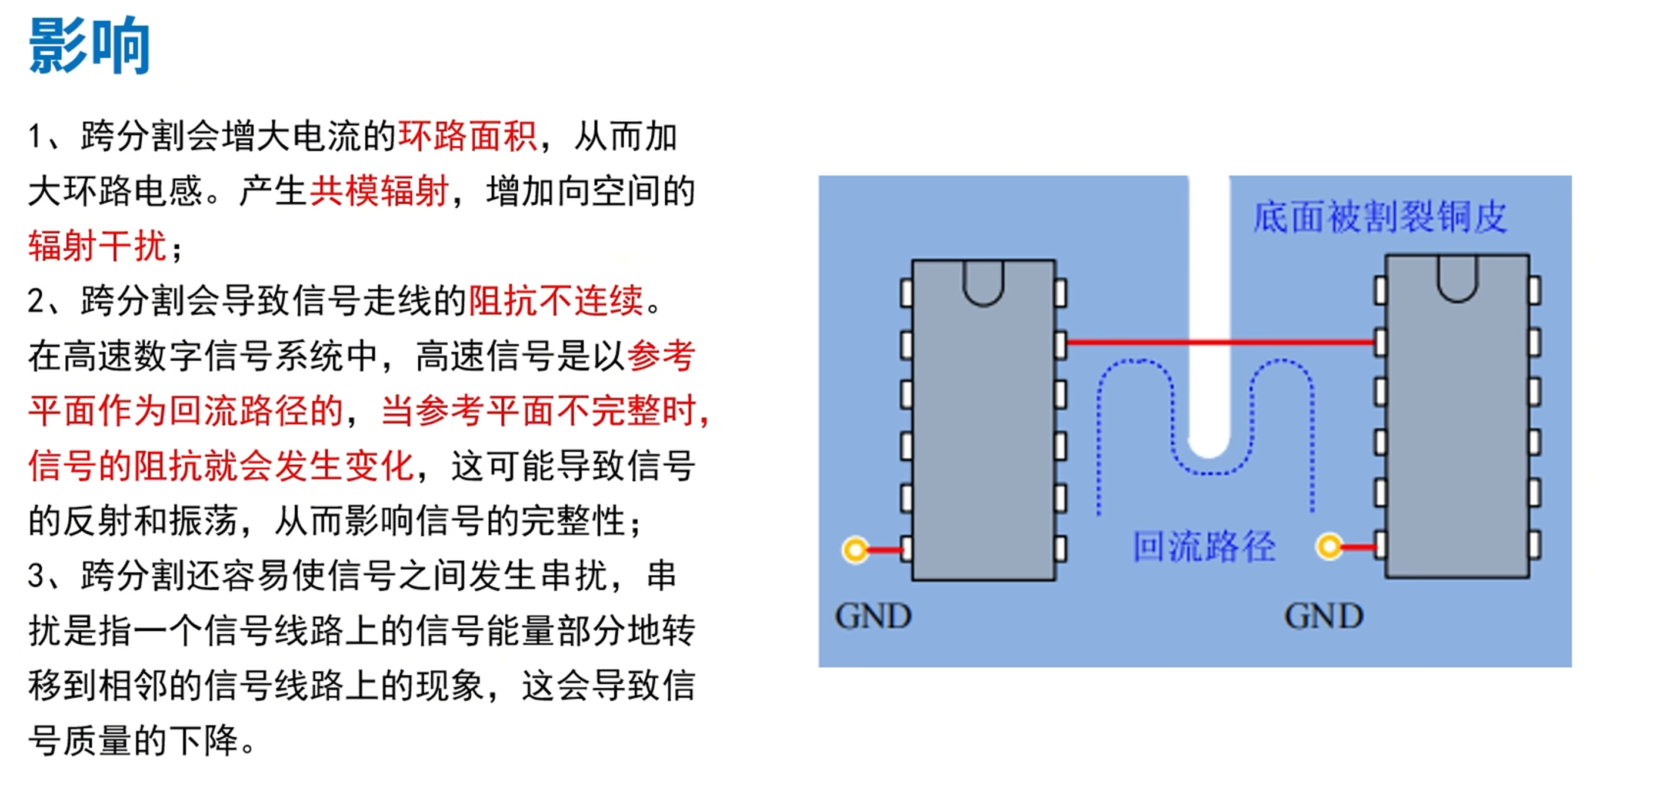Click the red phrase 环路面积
(467, 137)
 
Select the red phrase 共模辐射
(379, 191)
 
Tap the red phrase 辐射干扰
(97, 245)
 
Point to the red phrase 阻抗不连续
(555, 300)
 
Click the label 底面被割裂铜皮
(1380, 217)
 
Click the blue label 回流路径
(1204, 547)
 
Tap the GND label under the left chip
(873, 616)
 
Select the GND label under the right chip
(1324, 616)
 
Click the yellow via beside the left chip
(855, 550)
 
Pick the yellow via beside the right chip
(1329, 547)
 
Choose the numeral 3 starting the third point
(35, 575)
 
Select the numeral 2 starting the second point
(35, 301)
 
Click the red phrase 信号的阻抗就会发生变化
(221, 465)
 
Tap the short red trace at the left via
(885, 550)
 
